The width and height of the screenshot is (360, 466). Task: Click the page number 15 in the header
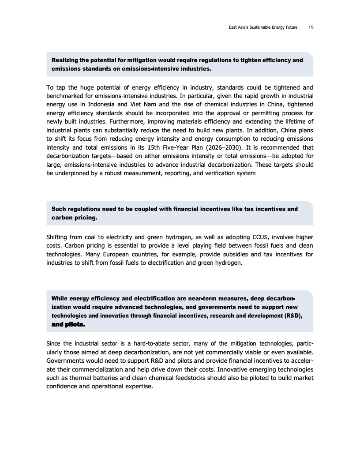pos(311,27)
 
